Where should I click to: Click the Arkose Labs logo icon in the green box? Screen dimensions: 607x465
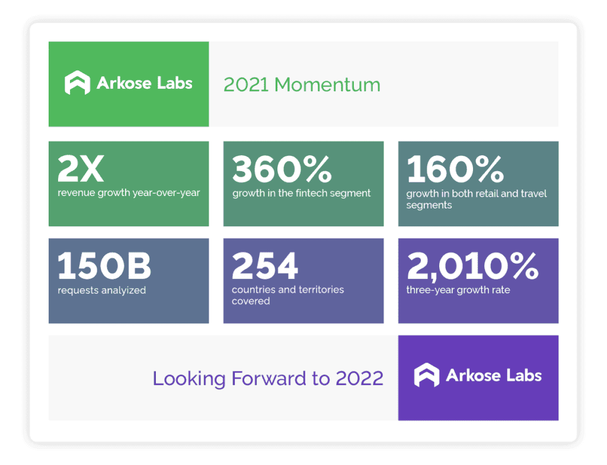point(77,82)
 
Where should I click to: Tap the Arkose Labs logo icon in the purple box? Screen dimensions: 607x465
point(427,375)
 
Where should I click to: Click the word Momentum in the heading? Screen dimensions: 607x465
point(327,85)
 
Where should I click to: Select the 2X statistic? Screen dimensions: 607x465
point(81,169)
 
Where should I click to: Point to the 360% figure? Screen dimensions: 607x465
point(282,169)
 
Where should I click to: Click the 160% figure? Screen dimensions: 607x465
point(455,169)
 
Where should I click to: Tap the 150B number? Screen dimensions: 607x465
point(104,265)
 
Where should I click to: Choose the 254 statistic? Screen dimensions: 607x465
point(265,265)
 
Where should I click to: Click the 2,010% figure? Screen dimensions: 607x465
point(472,266)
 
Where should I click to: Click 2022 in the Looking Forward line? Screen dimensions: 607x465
point(360,379)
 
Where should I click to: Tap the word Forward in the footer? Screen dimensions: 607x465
point(269,379)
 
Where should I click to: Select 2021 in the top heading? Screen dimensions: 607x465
point(246,85)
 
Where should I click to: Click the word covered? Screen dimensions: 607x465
point(251,302)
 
